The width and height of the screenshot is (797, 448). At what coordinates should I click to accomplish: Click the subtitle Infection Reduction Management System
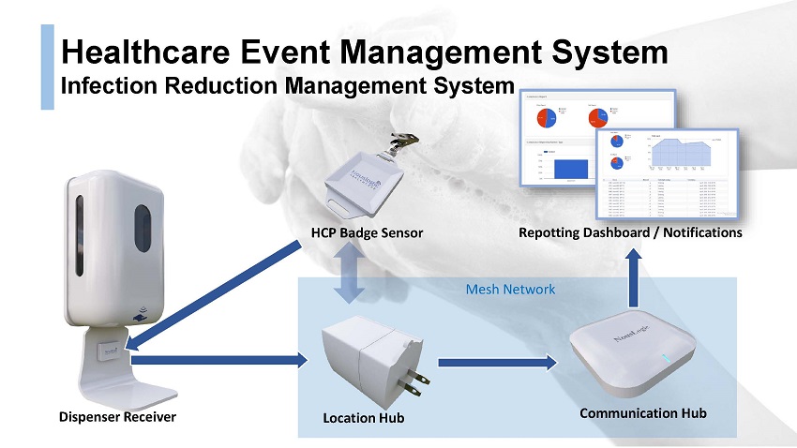coord(288,86)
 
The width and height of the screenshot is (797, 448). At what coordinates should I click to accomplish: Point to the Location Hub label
coord(363,418)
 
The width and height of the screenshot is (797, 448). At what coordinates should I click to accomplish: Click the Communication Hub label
coord(642,412)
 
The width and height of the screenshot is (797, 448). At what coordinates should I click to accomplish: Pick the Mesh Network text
coord(510,289)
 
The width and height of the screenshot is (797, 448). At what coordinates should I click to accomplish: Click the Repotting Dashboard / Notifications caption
coord(630,231)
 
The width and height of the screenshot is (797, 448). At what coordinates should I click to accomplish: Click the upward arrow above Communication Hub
coord(634,278)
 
